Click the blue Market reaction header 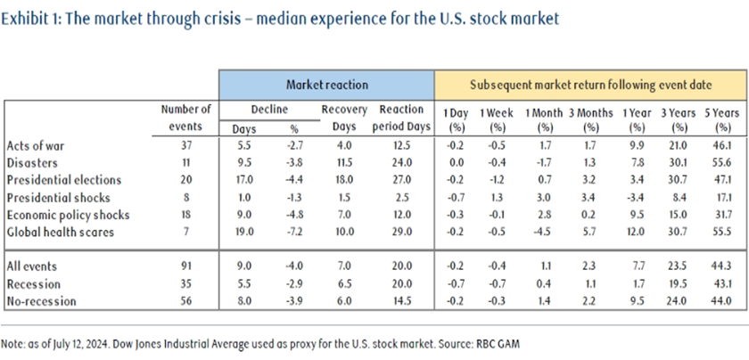[326, 85]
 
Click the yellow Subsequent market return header [590, 85]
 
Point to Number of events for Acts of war [185, 144]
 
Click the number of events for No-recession [185, 301]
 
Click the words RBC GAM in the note [500, 342]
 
